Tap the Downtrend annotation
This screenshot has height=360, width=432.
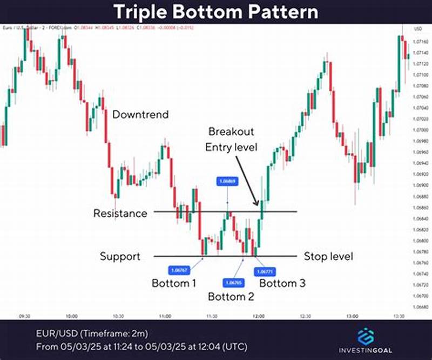(x=140, y=115)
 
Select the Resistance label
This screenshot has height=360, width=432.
(x=120, y=213)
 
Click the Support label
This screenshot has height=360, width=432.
(x=120, y=256)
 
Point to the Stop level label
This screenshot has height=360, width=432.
(x=328, y=256)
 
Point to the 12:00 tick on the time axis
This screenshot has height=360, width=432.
(x=258, y=316)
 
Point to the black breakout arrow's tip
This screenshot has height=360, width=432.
(x=257, y=205)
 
